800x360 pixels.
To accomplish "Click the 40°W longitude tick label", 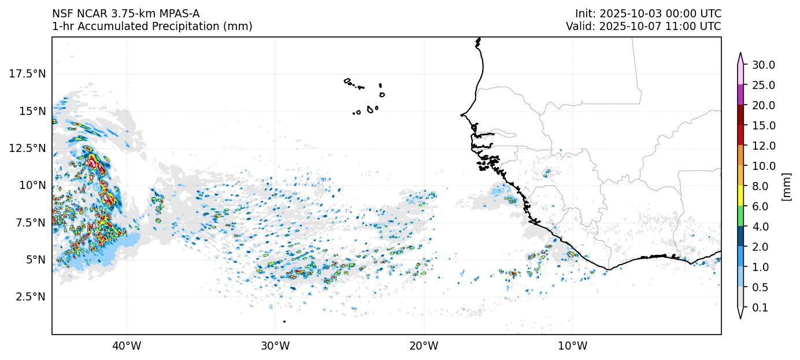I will [126, 346].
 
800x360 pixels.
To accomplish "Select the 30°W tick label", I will [275, 346].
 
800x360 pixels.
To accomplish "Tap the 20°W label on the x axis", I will [424, 346].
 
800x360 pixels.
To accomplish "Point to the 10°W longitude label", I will [573, 346].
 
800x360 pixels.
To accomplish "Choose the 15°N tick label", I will [31, 111].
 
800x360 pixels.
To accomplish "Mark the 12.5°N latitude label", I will [27, 148].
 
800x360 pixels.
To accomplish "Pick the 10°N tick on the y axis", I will [31, 185].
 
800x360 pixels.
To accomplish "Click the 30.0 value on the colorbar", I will [764, 65].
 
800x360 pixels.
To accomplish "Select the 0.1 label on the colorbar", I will [761, 308].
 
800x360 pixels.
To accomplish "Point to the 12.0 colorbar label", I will [764, 146].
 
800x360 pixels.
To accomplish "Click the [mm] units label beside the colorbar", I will [786, 187].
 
